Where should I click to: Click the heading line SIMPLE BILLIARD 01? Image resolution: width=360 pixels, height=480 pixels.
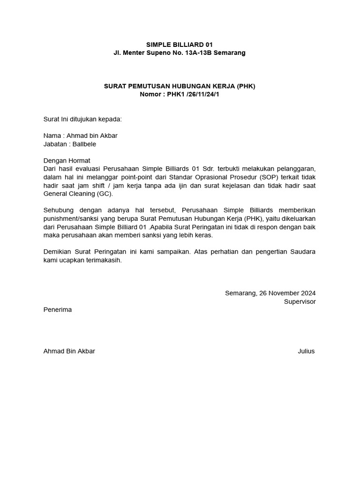180,45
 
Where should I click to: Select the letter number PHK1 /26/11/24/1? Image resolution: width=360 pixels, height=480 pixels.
193,94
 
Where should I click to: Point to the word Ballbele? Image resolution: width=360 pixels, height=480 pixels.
84,144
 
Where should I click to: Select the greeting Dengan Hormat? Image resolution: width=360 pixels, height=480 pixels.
67,160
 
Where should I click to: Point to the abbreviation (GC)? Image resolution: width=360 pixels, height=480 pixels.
105,194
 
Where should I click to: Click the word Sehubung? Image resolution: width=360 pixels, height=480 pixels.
58,210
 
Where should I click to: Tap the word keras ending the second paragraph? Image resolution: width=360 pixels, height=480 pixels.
202,235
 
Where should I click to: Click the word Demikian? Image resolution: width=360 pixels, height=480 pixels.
58,252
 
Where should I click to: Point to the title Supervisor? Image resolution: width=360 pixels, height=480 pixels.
300,301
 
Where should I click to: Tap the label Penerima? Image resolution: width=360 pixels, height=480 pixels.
57,310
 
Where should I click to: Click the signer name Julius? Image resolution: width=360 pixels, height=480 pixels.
306,351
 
